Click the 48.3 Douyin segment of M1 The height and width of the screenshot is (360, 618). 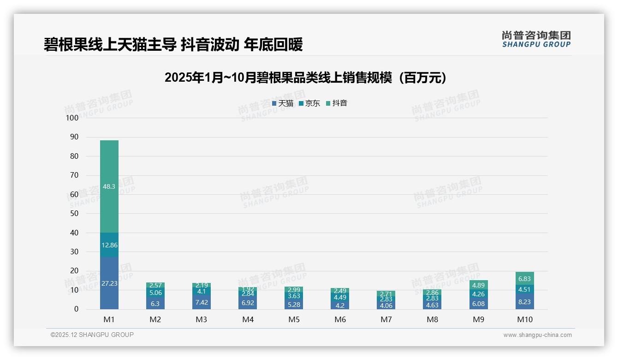pos(109,186)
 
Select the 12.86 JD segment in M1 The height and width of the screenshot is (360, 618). pos(109,245)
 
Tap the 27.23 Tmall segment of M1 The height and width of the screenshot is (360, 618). pos(109,283)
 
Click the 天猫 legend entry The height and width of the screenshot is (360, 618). pos(283,103)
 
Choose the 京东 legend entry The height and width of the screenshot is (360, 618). pos(309,103)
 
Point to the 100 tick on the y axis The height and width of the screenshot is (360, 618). pos(72,118)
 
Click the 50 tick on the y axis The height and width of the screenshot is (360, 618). pos(74,214)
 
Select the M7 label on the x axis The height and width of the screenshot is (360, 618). pos(386,319)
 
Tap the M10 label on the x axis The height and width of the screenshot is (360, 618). pos(524,319)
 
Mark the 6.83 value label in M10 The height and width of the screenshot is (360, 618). pos(524,279)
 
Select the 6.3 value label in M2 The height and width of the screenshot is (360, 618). pos(155,304)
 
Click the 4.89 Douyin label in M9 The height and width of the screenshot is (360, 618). pos(478,285)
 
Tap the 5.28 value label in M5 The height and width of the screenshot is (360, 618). pos(294,304)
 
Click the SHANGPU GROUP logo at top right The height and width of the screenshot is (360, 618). pos(536,39)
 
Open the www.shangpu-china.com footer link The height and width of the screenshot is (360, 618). pos(537,335)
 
